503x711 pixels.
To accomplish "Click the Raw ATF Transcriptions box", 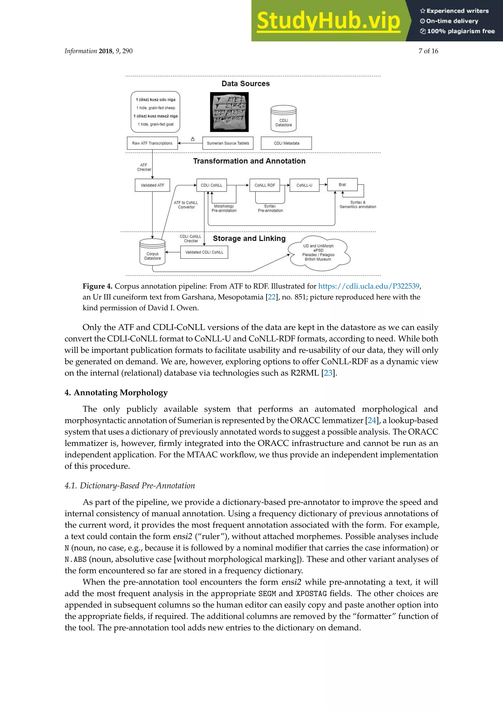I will tap(152, 143).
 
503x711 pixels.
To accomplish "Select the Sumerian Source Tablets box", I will tap(228, 143).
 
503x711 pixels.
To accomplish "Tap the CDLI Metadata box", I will tap(286, 143).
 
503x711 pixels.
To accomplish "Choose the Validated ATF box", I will tap(152, 185).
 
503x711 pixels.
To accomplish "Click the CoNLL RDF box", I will tap(265, 185).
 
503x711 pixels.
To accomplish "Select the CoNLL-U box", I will tap(304, 185).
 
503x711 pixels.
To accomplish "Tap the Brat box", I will tap(342, 185).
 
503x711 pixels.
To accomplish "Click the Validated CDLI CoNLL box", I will tap(204, 252).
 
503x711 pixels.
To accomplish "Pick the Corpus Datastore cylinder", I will tap(152, 252).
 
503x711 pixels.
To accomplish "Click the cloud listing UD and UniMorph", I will tap(318, 252).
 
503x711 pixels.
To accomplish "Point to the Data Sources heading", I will tap(246, 84).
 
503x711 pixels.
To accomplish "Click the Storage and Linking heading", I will tap(249, 238).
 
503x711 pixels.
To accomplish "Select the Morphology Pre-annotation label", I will tap(224, 208).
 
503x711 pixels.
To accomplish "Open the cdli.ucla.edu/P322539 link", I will tap(369, 286).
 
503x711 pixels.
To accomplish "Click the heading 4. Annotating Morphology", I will tap(116, 392).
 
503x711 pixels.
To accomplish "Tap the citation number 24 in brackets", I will tap(372, 420).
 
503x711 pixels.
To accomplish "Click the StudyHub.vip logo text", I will tap(328, 21).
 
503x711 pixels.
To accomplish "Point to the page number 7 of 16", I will tap(428, 51).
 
